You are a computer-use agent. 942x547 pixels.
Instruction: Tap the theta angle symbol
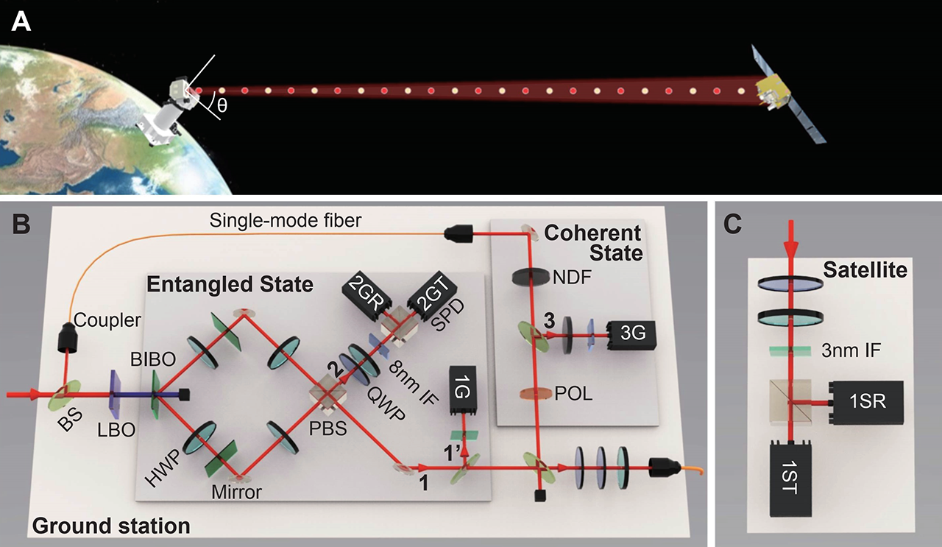[x=222, y=105]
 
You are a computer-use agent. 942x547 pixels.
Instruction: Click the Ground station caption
[x=110, y=525]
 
